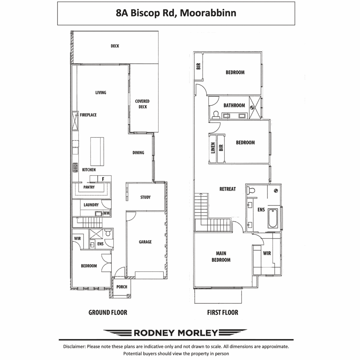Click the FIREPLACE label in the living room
tap(88, 115)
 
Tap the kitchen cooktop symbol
tap(75, 167)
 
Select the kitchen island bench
tap(97, 151)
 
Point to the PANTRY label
tap(89, 187)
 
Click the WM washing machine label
tap(106, 213)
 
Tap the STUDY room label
tap(145, 197)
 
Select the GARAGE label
tap(145, 242)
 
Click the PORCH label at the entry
tap(121, 287)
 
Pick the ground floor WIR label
tap(77, 238)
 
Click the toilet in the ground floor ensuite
tap(108, 232)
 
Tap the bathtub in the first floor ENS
tap(273, 218)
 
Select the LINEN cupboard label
tap(213, 148)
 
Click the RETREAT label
tap(227, 189)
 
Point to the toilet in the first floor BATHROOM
tap(216, 115)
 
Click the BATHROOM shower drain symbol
tap(251, 107)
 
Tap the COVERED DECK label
tap(142, 104)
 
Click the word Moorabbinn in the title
tap(208, 13)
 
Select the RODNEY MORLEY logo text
tap(176, 333)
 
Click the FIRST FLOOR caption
tap(223, 313)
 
